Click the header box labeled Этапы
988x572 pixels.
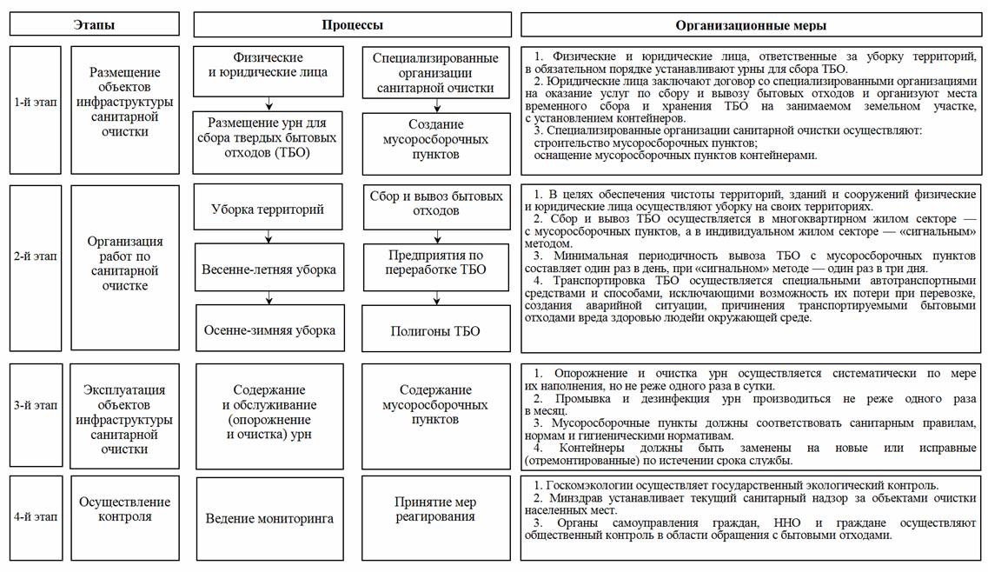94,24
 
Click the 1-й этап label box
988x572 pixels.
35,103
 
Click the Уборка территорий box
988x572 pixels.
268,210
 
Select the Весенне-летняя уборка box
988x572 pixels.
269,269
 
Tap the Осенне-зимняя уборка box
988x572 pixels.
269,329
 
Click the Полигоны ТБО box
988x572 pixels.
435,330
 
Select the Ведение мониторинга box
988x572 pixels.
269,519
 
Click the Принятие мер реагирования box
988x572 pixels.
435,509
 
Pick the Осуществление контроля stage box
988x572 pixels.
125,509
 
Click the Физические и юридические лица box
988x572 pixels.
269,65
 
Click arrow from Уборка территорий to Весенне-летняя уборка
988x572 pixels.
269,235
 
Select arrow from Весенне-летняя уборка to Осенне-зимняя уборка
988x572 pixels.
269,298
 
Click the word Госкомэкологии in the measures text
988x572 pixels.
580,485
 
